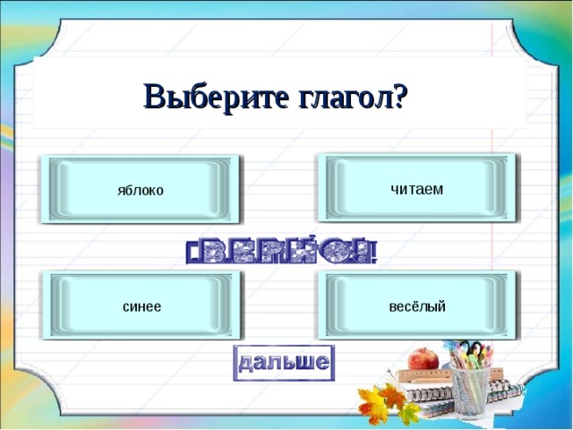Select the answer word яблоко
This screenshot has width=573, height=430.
140,190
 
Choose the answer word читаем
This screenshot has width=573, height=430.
416,188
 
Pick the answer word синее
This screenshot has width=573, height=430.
141,306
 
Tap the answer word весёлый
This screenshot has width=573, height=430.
417,306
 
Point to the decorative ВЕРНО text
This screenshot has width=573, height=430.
282,251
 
